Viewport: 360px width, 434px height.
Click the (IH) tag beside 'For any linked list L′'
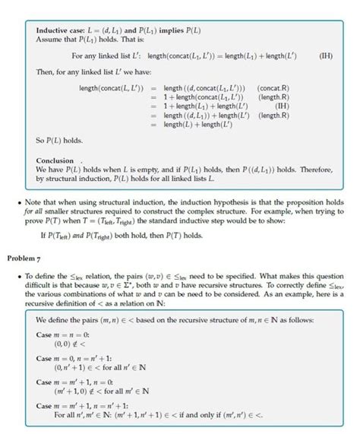click(x=324, y=56)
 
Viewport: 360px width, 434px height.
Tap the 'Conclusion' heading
click(x=56, y=160)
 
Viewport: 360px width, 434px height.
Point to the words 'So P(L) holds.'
click(x=62, y=141)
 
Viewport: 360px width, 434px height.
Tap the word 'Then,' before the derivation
click(x=47, y=73)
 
